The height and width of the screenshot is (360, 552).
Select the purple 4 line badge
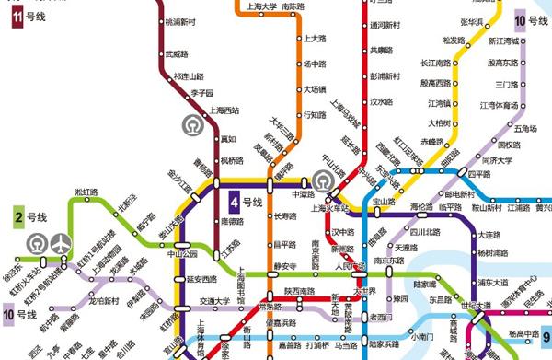[236, 202]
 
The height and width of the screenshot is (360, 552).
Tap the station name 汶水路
[381, 102]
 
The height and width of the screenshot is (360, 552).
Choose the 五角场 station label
[525, 128]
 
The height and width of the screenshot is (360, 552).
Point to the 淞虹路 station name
[86, 192]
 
